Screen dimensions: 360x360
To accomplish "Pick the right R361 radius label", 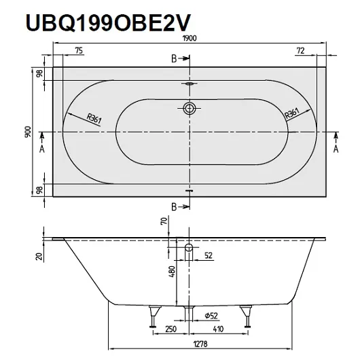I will [292, 114].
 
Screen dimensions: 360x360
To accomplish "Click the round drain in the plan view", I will [190, 107].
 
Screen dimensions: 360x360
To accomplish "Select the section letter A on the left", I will [41, 147].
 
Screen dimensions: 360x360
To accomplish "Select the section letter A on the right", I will [336, 147].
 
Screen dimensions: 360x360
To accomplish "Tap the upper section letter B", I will [174, 60].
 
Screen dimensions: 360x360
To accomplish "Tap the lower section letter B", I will [174, 206].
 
